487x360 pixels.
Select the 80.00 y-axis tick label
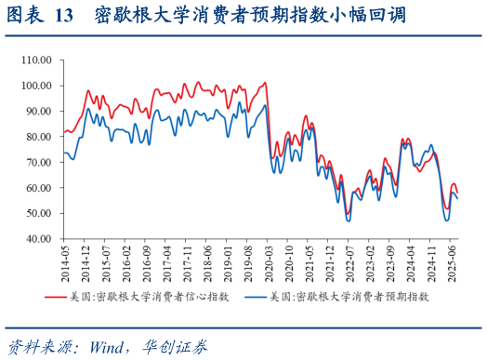pos(39,137)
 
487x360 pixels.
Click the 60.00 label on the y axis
pos(39,188)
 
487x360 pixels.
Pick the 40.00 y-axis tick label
pos(39,239)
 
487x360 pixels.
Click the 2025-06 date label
pos(450,262)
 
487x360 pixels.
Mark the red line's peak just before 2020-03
pos(265,83)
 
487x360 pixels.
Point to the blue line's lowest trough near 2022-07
pos(348,220)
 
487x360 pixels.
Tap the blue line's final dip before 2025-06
pos(447,220)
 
